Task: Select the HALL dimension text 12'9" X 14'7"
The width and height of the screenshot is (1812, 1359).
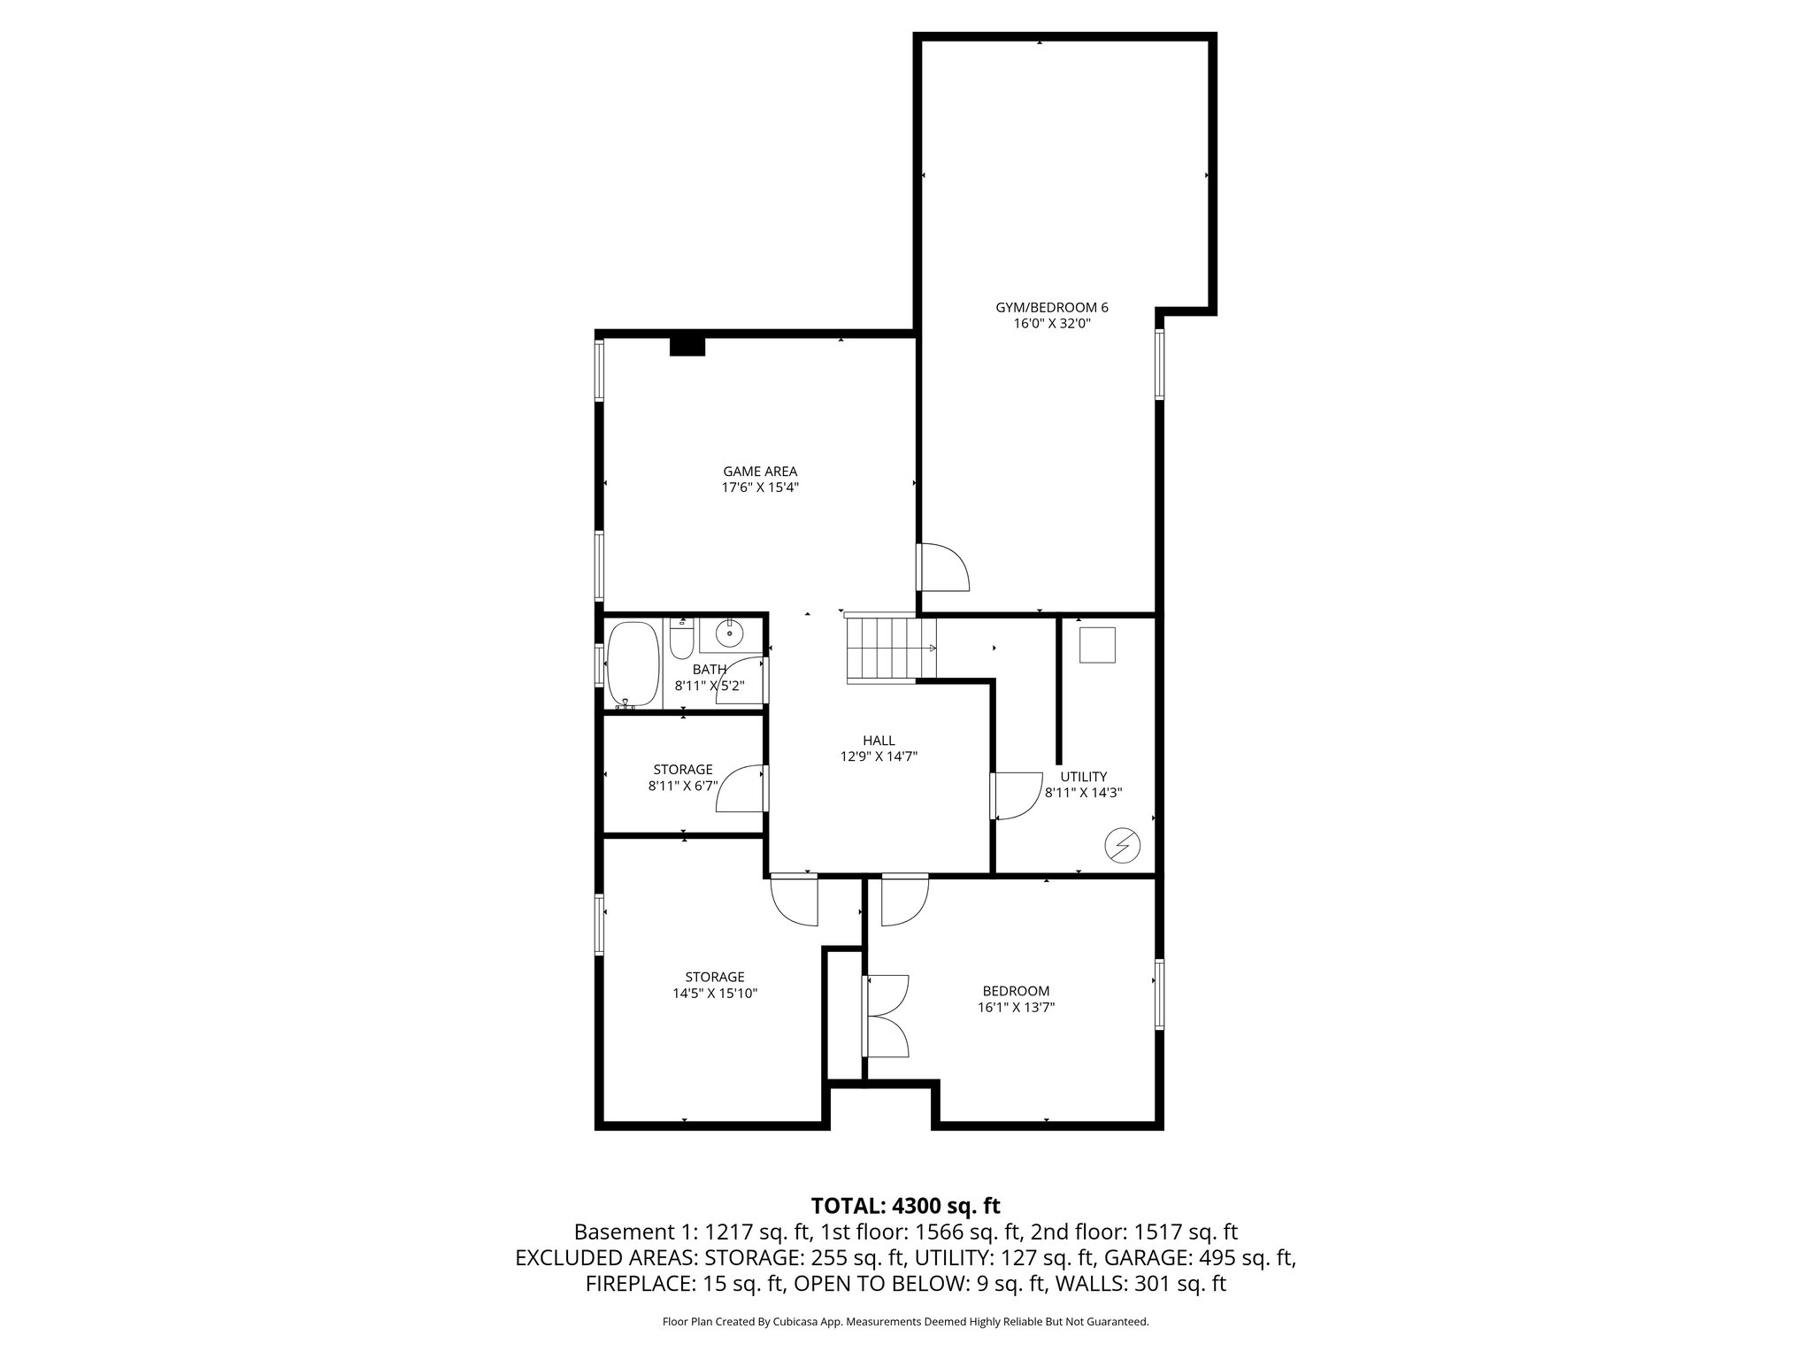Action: [x=879, y=756]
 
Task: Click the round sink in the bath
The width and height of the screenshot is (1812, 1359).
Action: [x=730, y=633]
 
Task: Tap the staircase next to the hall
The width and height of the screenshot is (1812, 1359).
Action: [x=881, y=649]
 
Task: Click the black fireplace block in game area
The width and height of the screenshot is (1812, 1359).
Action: [x=687, y=346]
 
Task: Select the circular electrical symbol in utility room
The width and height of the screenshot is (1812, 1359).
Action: [x=1122, y=846]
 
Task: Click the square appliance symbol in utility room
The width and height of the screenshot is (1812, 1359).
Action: [x=1097, y=645]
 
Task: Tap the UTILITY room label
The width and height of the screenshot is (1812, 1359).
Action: [x=1083, y=777]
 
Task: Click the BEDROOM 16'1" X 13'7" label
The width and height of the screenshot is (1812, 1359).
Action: [x=1016, y=999]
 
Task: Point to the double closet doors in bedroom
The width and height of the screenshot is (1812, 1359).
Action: [x=886, y=1016]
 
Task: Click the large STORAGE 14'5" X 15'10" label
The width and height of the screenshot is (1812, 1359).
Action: [x=715, y=985]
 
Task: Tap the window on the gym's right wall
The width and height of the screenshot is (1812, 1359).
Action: [x=1159, y=365]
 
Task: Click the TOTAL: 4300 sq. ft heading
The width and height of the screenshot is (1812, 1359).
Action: [x=905, y=1205]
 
